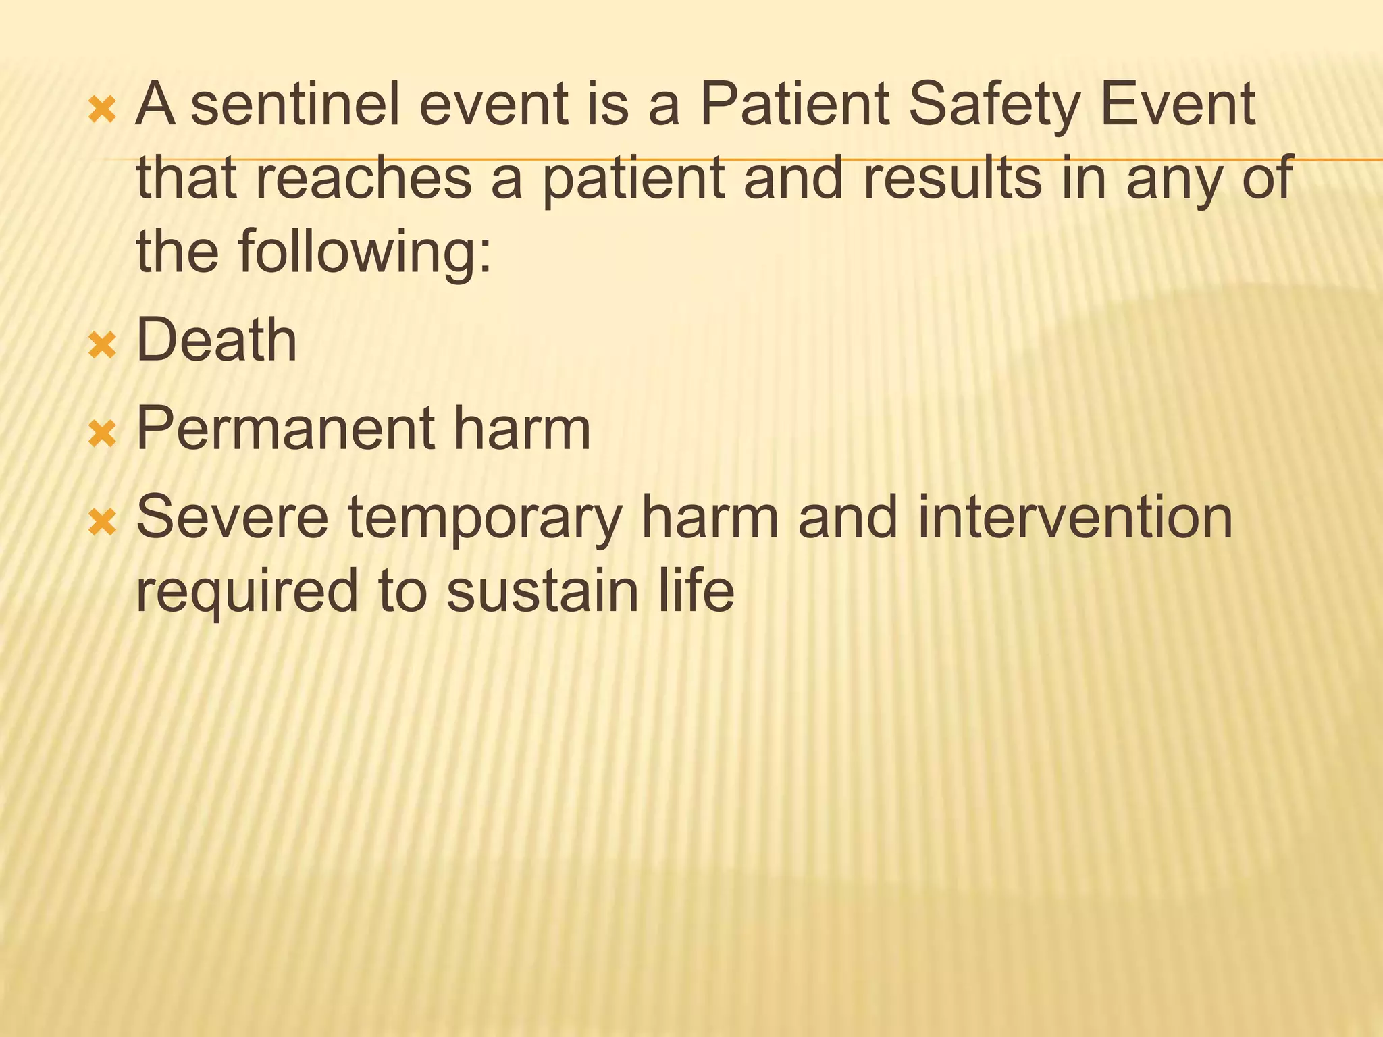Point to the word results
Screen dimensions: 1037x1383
952,178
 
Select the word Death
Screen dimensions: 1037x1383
216,340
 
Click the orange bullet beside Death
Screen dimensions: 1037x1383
103,346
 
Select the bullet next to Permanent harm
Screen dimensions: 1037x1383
103,435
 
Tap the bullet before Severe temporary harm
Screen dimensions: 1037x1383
103,523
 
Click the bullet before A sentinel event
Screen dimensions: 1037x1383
103,111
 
